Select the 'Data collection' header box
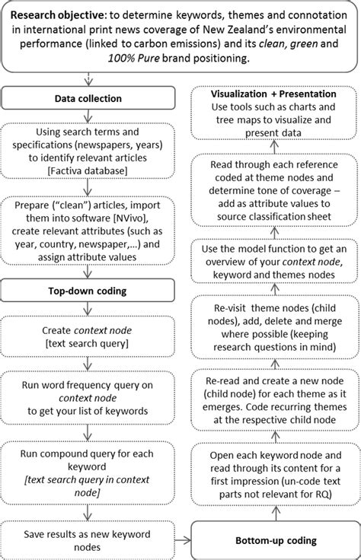[90, 98]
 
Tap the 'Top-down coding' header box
[90, 291]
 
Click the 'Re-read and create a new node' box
[272, 409]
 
